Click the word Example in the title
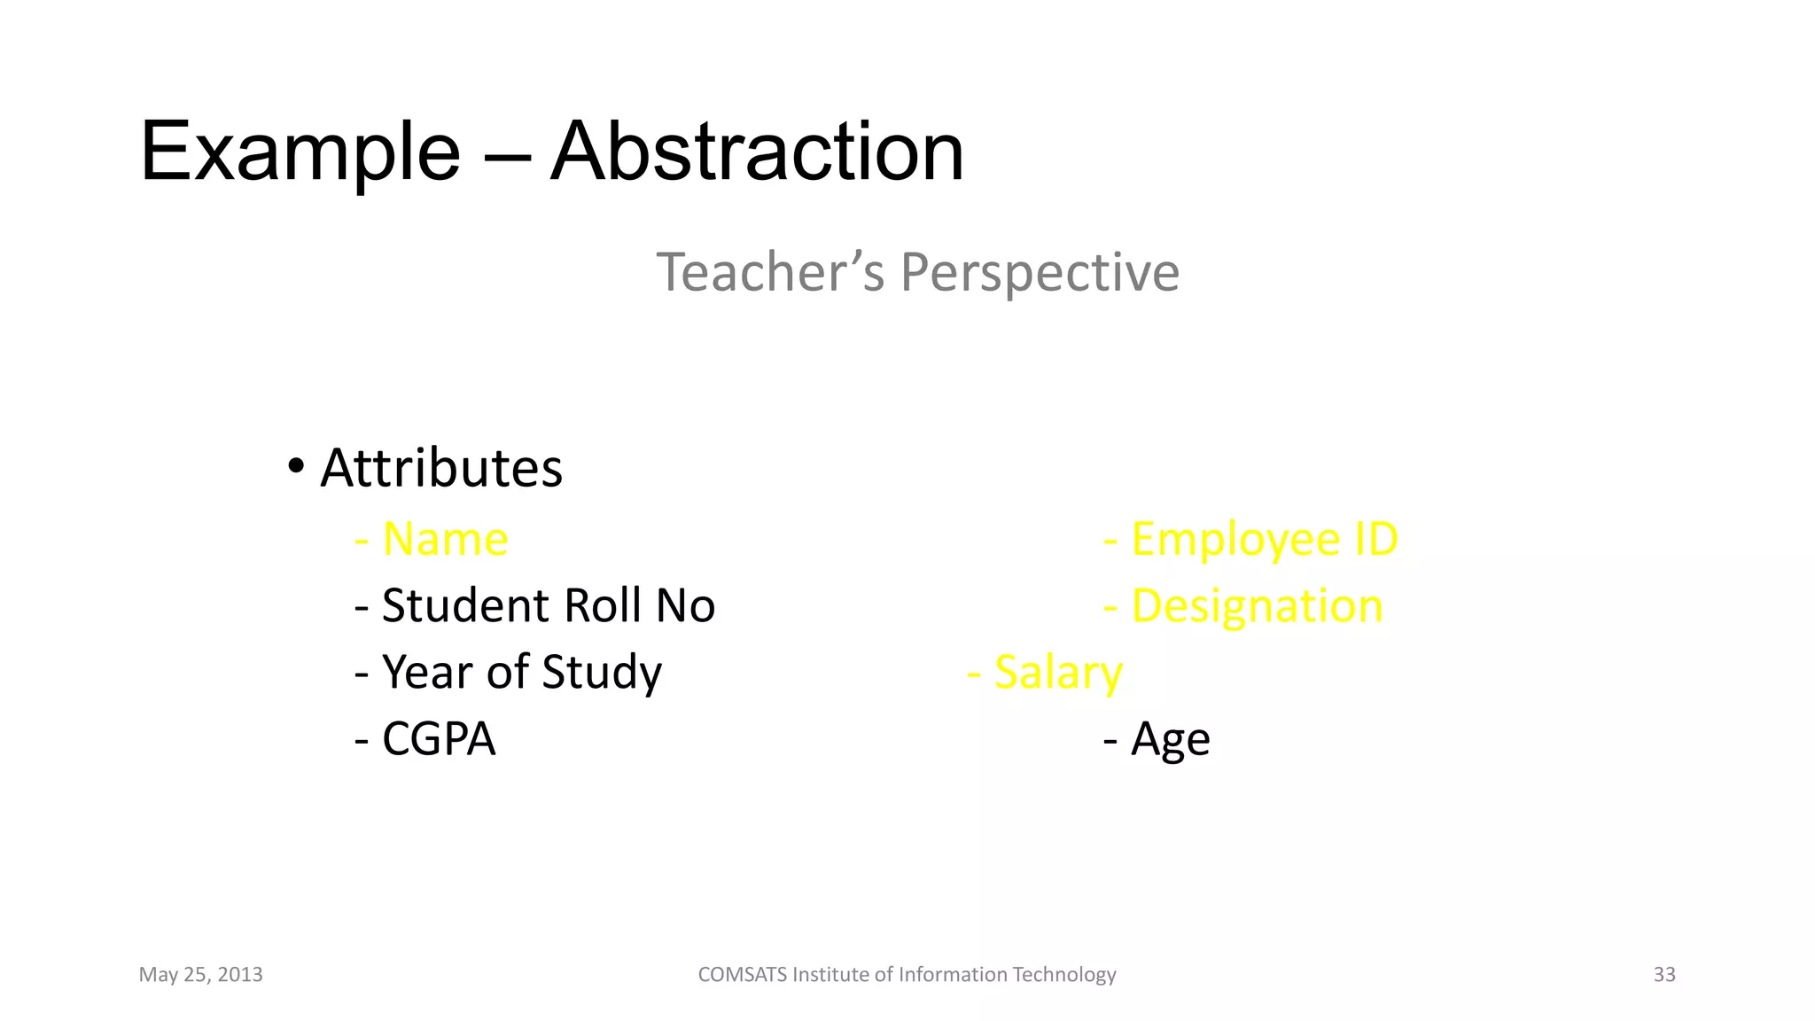click(300, 152)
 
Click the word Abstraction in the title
click(757, 152)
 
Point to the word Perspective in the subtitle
click(1040, 273)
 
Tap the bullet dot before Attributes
click(296, 465)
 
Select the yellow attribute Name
click(445, 539)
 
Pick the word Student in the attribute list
click(465, 605)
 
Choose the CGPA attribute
click(438, 739)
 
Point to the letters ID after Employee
click(1376, 539)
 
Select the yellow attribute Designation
click(1257, 607)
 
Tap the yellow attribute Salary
click(1058, 673)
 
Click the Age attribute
click(1170, 740)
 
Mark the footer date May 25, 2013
click(200, 975)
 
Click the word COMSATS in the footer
click(742, 975)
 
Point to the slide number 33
click(1664, 975)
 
